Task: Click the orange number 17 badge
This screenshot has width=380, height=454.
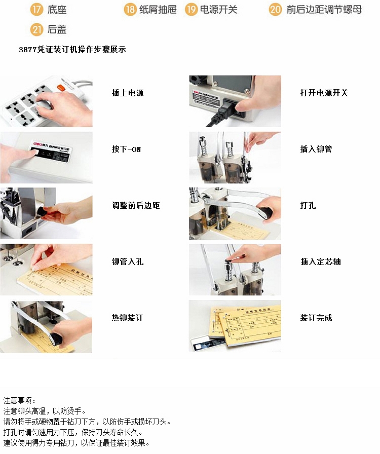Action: click(x=36, y=10)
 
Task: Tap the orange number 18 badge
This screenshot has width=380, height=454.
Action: click(x=130, y=10)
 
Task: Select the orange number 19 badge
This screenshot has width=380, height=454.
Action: click(x=191, y=10)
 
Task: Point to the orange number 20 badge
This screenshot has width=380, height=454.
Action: click(x=275, y=10)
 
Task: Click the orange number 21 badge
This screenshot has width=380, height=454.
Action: click(x=36, y=30)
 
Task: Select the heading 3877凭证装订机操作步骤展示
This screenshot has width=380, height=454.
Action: click(x=72, y=50)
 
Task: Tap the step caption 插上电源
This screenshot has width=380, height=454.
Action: click(x=127, y=93)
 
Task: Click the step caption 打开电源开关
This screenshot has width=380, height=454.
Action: click(x=324, y=93)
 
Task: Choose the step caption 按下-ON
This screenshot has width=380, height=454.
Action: click(x=126, y=149)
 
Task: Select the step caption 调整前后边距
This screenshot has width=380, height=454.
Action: click(x=135, y=206)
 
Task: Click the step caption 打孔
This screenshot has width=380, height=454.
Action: click(x=308, y=206)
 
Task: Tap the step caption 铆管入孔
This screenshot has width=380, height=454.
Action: click(x=127, y=262)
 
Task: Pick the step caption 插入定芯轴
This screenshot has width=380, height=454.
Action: click(x=320, y=262)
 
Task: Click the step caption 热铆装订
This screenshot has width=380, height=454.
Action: click(x=127, y=318)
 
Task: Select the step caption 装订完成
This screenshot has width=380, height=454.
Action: click(x=316, y=318)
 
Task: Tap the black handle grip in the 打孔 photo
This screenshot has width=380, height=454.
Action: click(x=268, y=211)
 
